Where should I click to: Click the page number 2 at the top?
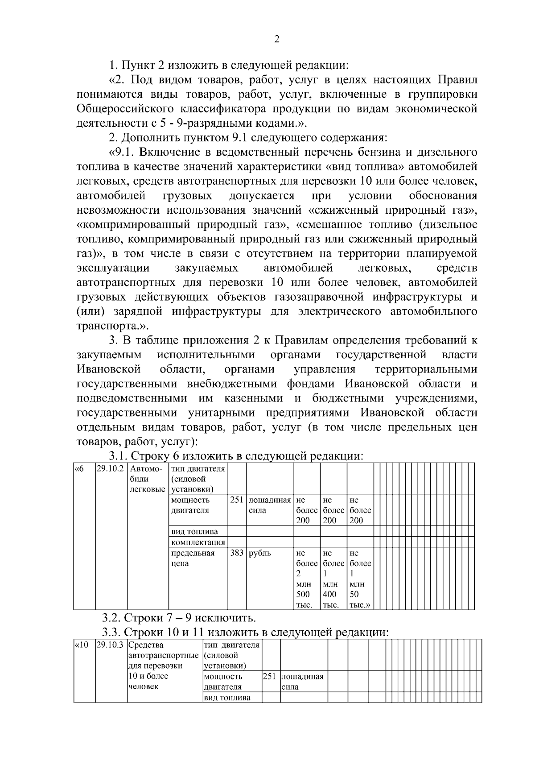276,40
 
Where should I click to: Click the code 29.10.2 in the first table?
110,469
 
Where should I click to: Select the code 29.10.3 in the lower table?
110,645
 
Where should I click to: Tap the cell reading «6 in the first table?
79,469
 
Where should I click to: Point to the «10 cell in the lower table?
81,645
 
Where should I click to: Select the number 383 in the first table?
237,553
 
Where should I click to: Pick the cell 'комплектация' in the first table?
198,542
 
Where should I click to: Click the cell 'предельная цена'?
193,558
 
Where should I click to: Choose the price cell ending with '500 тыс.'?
306,579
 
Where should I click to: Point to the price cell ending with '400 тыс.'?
333,579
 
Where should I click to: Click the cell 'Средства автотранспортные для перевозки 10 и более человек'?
163,666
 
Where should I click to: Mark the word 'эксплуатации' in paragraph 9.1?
113,268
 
